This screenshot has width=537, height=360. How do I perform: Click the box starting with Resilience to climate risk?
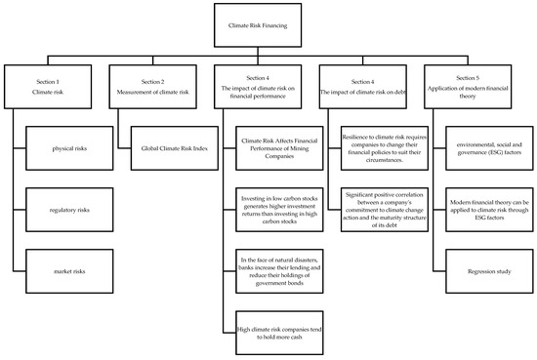coord(388,149)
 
